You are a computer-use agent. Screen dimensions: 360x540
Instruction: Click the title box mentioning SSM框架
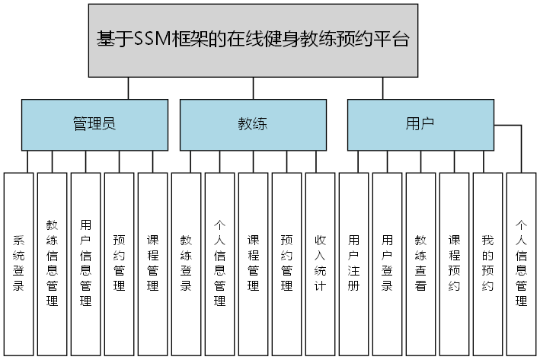pyautogui.click(x=253, y=40)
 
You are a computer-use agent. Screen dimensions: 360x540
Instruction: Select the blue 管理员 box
pyautogui.click(x=94, y=125)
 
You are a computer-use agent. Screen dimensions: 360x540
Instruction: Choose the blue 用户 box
pyautogui.click(x=420, y=125)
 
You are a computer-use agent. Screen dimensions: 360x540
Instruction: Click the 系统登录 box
pyautogui.click(x=19, y=263)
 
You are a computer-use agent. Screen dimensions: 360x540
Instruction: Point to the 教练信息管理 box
pyautogui.click(x=53, y=263)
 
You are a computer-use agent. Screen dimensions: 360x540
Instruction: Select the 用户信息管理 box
pyautogui.click(x=85, y=263)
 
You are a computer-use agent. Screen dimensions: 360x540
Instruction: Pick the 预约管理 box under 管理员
pyautogui.click(x=119, y=263)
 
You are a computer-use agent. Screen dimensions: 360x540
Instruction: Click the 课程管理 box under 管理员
pyautogui.click(x=152, y=263)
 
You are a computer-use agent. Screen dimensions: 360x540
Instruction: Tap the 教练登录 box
pyautogui.click(x=186, y=263)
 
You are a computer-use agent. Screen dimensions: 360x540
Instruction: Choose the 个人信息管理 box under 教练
pyautogui.click(x=219, y=263)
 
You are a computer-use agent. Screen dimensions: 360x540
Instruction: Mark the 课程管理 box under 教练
pyautogui.click(x=253, y=263)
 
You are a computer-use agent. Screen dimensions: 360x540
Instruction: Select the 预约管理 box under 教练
pyautogui.click(x=286, y=263)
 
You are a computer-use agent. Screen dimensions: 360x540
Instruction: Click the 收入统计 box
pyautogui.click(x=320, y=263)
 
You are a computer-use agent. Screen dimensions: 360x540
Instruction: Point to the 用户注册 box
pyautogui.click(x=353, y=263)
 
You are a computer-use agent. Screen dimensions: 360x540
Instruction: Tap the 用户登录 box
pyautogui.click(x=387, y=263)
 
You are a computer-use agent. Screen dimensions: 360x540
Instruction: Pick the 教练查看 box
pyautogui.click(x=420, y=263)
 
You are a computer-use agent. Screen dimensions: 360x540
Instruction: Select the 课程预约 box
pyautogui.click(x=454, y=263)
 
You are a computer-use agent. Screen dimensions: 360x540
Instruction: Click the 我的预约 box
pyautogui.click(x=487, y=263)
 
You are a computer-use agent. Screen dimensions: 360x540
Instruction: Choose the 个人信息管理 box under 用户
pyautogui.click(x=521, y=263)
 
